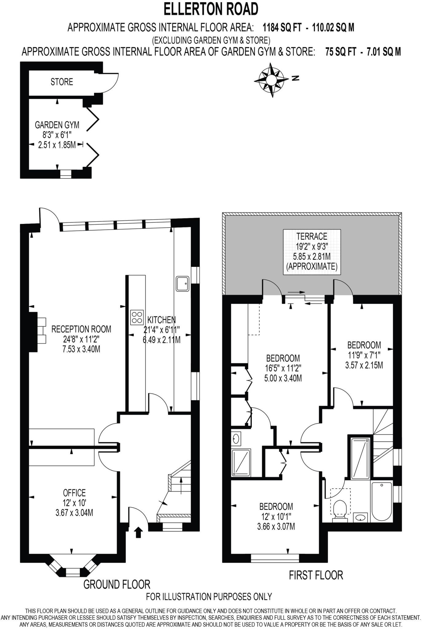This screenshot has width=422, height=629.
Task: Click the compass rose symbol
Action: (271, 80)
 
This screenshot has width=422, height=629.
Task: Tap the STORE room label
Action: (62, 82)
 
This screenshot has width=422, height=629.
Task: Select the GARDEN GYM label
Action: (57, 125)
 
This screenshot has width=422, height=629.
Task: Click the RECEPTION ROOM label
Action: (81, 329)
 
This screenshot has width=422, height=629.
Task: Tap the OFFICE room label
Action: (74, 493)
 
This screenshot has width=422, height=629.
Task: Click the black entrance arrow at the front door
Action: (138, 532)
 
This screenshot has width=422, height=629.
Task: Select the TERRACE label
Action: (312, 236)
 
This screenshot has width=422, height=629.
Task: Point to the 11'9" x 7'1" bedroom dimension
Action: (364, 355)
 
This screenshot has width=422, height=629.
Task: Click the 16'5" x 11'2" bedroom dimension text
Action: (283, 368)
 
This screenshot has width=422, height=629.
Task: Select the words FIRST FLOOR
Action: (316, 575)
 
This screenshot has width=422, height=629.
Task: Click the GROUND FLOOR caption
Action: (117, 584)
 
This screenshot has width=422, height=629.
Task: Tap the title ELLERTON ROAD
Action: (211, 9)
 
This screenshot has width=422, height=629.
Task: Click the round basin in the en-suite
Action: (236, 438)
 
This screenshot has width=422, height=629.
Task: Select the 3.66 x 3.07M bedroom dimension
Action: (276, 526)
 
